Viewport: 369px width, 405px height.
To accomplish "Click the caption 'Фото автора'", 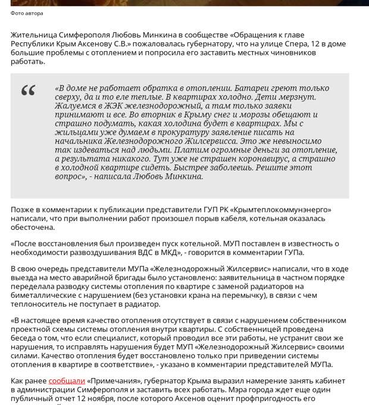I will tap(27, 13).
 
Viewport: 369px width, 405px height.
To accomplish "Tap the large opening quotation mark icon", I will tap(28, 91).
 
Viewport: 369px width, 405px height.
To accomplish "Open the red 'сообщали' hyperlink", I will tap(66, 380).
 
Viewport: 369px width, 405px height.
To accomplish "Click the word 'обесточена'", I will tap(33, 228).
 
